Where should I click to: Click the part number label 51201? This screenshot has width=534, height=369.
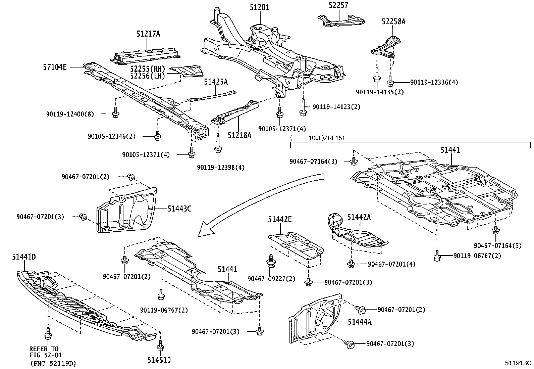259,7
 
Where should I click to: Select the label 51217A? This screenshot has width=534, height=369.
148,34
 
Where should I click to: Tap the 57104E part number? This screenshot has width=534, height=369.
55,67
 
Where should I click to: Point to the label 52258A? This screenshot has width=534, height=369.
393,21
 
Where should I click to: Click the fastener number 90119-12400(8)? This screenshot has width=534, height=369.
70,114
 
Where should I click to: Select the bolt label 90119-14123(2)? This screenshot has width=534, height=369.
331,107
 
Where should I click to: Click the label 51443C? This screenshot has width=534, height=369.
179,209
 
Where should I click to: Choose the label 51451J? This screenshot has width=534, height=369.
159,360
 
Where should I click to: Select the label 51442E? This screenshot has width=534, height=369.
280,220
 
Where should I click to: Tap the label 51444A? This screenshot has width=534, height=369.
360,322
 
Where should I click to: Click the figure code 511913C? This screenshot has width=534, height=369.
519,363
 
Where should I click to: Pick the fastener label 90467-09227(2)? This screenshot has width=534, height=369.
272,279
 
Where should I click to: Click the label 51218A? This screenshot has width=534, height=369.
239,135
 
